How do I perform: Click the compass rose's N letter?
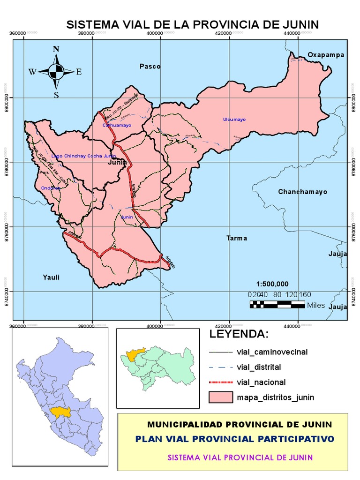click(x=56, y=49)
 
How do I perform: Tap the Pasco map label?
click(x=150, y=67)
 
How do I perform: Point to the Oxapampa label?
click(x=326, y=55)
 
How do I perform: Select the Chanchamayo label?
click(x=302, y=192)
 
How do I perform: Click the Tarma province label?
click(x=236, y=238)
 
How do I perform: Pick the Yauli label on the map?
click(x=52, y=277)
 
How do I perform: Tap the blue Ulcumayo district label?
click(x=234, y=120)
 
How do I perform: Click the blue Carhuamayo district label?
click(x=117, y=126)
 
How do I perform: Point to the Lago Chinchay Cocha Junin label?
click(x=83, y=156)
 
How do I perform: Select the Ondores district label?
click(x=51, y=188)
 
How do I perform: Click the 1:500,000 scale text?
click(x=272, y=284)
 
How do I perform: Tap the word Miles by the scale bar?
click(x=316, y=305)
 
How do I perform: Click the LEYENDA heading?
click(x=240, y=335)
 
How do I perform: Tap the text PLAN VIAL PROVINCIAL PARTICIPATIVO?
click(x=234, y=439)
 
